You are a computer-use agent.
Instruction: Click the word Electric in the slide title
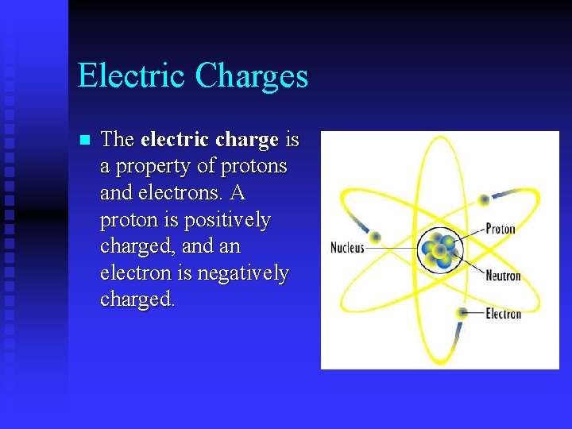(132, 76)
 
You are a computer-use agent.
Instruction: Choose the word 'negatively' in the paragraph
(244, 273)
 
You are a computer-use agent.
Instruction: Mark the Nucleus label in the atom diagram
(347, 248)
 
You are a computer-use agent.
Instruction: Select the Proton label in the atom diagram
(500, 230)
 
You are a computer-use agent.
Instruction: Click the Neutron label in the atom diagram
(503, 276)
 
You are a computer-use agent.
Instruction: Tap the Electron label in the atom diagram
(504, 313)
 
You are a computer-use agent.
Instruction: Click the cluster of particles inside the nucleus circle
(439, 249)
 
